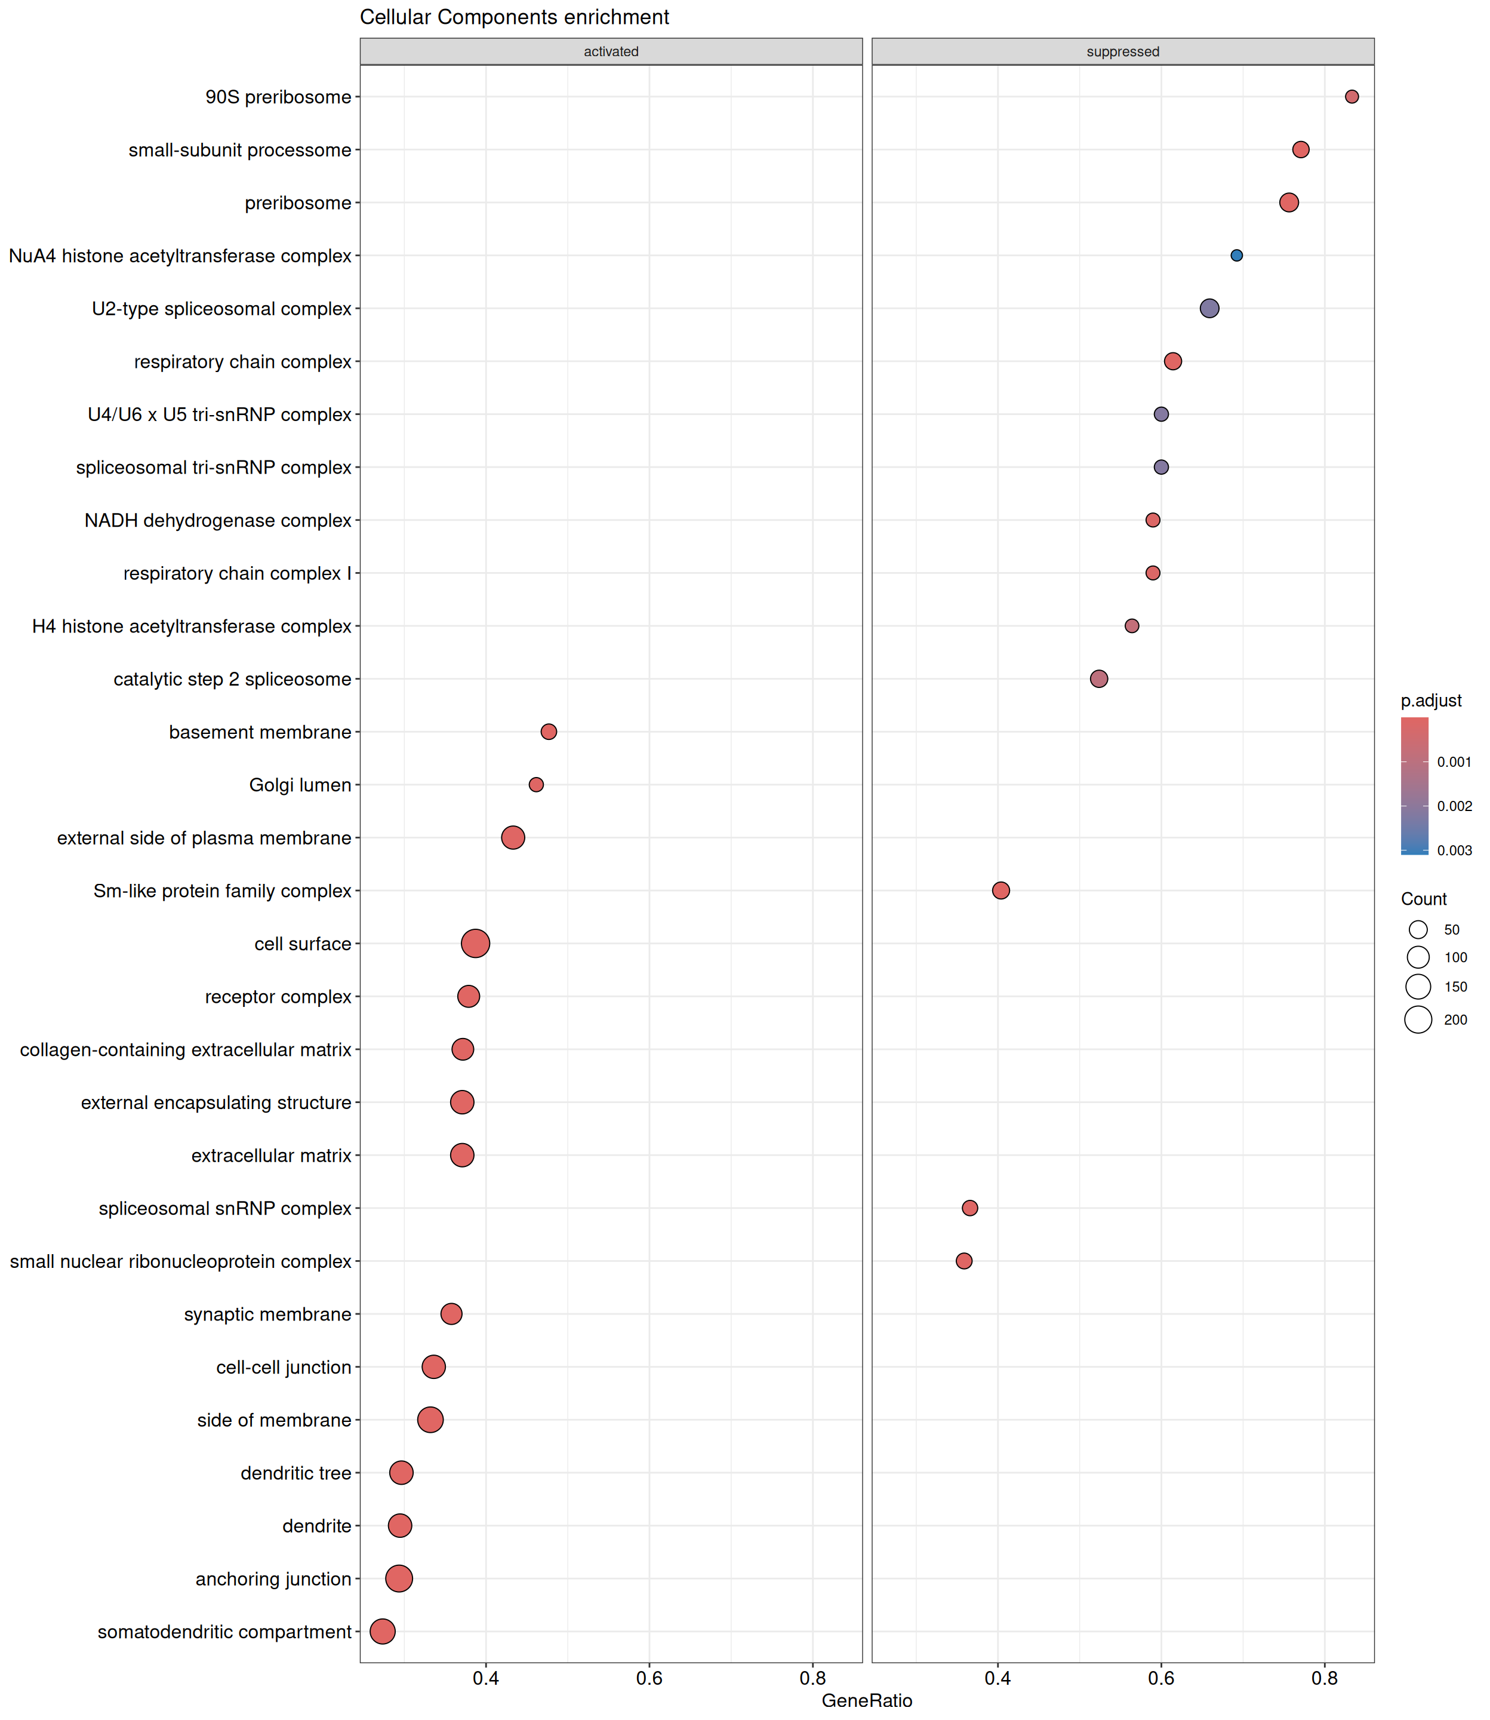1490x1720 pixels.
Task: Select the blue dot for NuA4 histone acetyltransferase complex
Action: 1236,256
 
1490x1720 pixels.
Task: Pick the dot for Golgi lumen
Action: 536,784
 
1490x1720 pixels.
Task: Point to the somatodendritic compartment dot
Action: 383,1631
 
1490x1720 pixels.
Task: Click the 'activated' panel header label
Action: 611,51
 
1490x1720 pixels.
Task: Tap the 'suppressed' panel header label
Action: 1122,51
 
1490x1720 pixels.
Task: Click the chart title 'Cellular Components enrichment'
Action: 515,17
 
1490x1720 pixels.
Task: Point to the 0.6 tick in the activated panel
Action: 649,1678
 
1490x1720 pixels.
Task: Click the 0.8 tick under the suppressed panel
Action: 1325,1678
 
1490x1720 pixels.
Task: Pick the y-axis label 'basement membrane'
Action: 260,732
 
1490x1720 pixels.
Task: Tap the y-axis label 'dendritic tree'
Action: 296,1473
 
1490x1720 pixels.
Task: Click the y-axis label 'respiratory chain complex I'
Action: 238,573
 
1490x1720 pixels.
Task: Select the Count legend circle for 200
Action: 1418,1019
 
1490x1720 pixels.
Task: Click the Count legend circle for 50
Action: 1418,930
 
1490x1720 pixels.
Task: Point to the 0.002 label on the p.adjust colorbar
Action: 1454,806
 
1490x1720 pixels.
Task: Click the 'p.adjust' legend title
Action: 1431,701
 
